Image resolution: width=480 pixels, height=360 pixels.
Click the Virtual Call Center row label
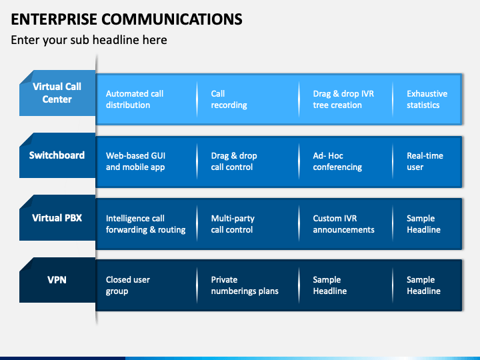pos(57,93)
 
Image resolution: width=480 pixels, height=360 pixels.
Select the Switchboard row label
pos(57,155)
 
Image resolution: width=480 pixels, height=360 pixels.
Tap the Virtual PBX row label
pos(57,217)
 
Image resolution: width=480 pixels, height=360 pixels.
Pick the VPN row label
pos(57,280)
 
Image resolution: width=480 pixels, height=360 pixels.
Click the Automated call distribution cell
pos(135,99)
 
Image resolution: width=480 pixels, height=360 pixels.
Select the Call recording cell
pos(229,99)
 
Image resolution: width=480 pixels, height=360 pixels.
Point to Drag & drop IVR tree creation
pos(343,99)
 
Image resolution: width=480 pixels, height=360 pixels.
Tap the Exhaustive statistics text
pos(427,99)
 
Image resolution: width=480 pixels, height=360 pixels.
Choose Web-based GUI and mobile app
pos(135,161)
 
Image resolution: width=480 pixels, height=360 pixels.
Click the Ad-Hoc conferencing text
pos(337,161)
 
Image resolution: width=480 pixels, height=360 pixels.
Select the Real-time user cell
pos(425,161)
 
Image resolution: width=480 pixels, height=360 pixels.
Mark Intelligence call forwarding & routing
pos(145,224)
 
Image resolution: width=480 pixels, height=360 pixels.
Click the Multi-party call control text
pos(233,224)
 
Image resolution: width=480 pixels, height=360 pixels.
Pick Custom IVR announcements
pos(343,224)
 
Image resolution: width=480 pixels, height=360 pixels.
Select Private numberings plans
pos(245,285)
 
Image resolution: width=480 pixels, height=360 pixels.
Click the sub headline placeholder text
pos(89,40)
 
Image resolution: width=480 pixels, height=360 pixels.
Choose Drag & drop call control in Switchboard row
pos(234,161)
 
